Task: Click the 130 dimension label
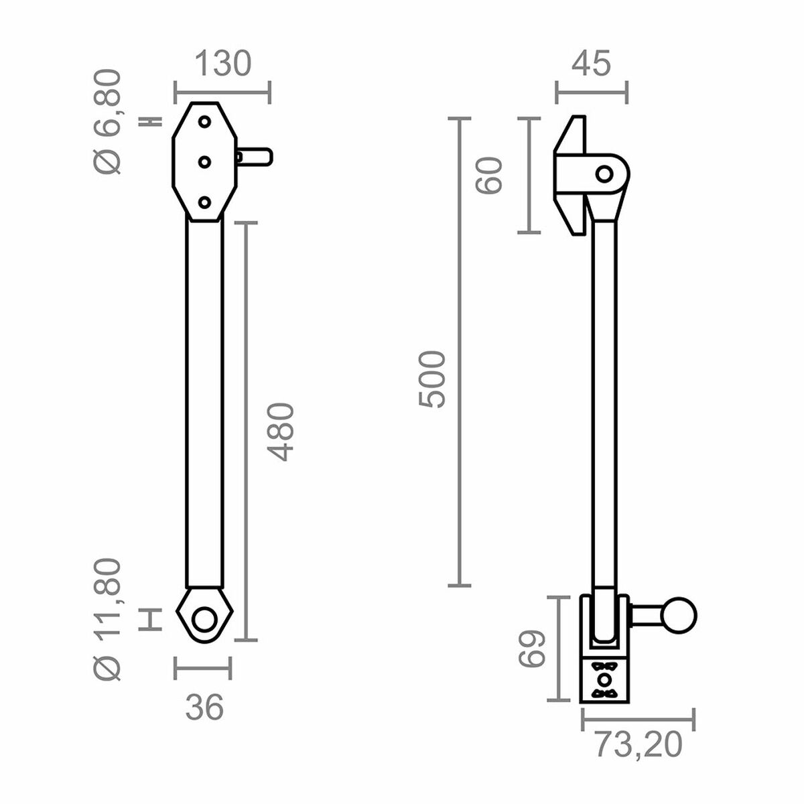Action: tap(222, 64)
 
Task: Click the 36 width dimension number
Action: tap(204, 707)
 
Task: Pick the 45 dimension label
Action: tap(591, 64)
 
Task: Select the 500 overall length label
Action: tap(431, 379)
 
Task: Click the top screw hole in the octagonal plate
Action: tap(205, 122)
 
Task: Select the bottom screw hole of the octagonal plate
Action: tap(205, 201)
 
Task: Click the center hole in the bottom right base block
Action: tap(604, 680)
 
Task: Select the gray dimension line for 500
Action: tap(459, 352)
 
